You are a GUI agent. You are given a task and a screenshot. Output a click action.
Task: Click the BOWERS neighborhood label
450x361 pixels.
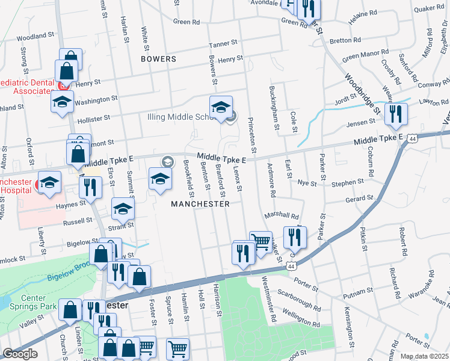(158, 59)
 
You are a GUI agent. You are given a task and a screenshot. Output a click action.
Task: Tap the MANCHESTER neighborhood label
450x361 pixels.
(200, 204)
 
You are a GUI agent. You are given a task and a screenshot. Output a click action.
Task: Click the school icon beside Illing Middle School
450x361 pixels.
(221, 108)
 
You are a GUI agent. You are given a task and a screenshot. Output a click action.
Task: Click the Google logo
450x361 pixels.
(20, 354)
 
